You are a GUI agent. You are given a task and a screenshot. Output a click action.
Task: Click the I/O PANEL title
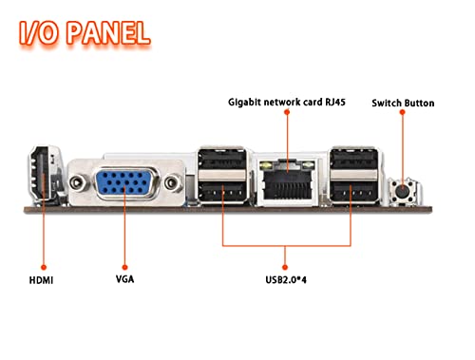(85, 32)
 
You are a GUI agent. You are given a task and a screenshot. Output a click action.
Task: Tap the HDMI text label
(41, 280)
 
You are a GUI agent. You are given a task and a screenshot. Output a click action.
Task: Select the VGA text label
(124, 279)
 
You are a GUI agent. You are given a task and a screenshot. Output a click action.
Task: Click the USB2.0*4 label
(286, 280)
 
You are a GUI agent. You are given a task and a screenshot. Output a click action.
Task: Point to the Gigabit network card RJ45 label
(287, 102)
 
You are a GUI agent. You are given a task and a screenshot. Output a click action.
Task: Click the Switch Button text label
(403, 103)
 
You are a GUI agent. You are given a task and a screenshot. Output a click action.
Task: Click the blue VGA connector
(125, 182)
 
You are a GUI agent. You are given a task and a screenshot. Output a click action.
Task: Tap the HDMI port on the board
(41, 174)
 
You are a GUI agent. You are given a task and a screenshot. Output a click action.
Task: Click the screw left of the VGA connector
(77, 182)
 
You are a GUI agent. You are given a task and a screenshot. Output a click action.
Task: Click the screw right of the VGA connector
(172, 182)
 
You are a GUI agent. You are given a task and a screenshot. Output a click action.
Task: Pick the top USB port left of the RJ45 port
(222, 159)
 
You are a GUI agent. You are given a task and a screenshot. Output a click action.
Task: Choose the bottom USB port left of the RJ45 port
(222, 191)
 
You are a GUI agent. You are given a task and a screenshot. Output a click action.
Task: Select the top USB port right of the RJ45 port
(353, 159)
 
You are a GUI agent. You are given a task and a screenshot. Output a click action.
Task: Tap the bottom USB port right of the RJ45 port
(353, 191)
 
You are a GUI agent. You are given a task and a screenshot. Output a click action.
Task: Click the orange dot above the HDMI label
(44, 268)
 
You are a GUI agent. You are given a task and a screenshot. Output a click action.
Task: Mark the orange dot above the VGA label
(124, 267)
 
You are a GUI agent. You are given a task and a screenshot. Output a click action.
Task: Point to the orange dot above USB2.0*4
(285, 268)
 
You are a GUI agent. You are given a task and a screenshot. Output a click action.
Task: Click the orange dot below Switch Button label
(402, 112)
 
